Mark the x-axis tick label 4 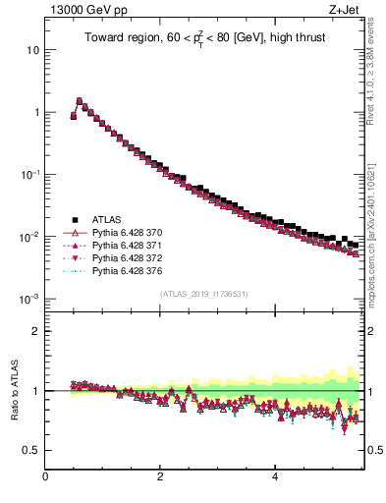point(275,476)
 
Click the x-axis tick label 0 point(45,476)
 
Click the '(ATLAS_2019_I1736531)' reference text point(203,294)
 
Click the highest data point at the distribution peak point(80,100)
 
